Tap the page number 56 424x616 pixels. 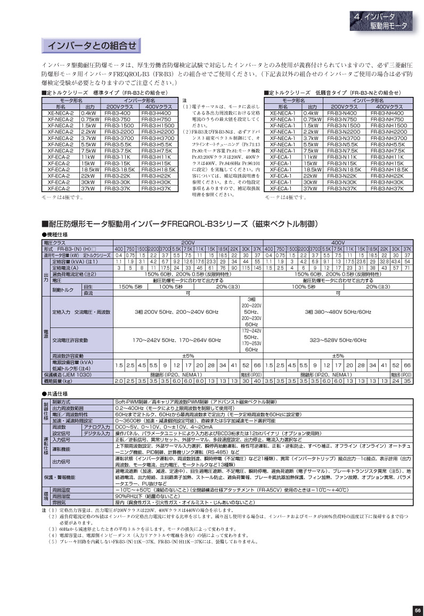tap(417, 610)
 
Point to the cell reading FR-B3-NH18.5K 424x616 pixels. tap(389, 169)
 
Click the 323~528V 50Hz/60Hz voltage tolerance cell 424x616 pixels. tap(338, 340)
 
